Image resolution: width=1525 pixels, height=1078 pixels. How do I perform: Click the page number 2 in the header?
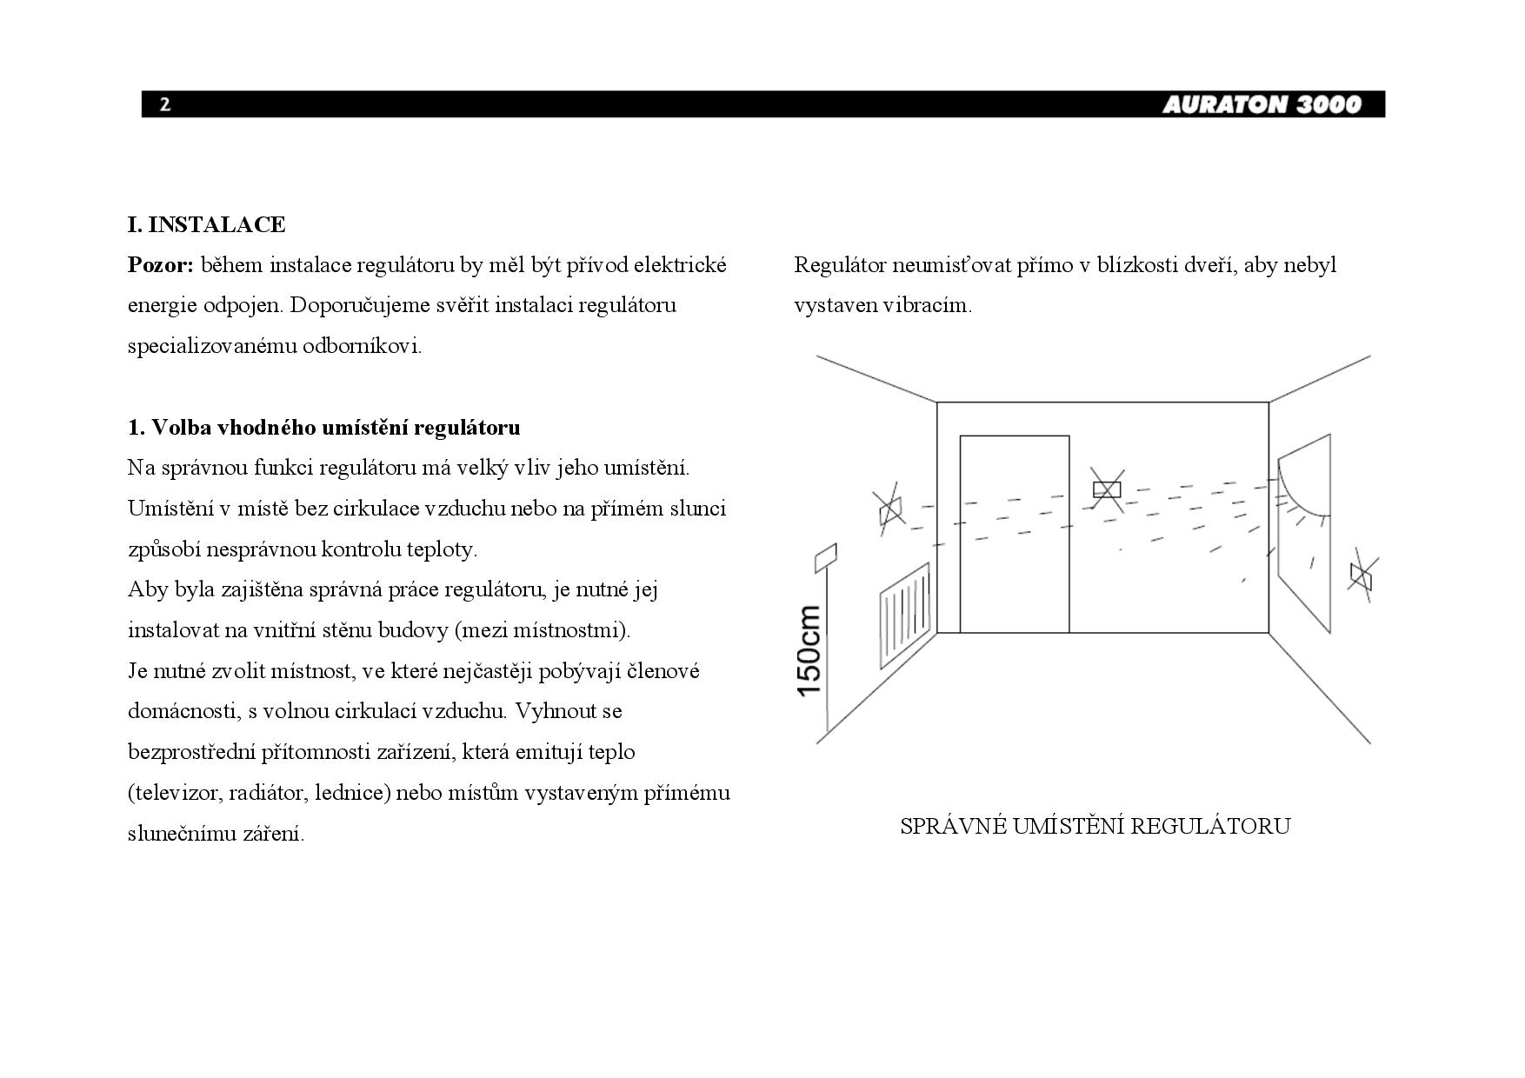pos(165,105)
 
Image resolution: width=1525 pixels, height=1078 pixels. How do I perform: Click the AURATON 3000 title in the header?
pos(1262,105)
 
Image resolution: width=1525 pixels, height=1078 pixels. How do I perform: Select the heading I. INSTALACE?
pos(207,224)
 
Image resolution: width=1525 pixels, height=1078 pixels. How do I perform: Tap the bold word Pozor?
pos(161,265)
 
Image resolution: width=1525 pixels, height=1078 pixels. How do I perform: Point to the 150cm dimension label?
pos(809,650)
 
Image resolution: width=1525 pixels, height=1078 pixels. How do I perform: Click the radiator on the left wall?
pos(905,614)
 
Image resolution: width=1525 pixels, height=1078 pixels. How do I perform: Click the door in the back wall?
pos(1014,534)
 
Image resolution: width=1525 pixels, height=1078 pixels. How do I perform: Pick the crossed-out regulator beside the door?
pos(1107,489)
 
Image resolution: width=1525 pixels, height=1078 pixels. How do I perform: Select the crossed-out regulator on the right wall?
pos(1361,575)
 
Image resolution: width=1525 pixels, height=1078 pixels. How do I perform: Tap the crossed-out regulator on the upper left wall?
pos(890,509)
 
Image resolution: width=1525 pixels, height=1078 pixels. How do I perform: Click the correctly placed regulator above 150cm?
pos(825,557)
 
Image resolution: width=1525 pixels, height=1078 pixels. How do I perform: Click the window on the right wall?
pos(1303,539)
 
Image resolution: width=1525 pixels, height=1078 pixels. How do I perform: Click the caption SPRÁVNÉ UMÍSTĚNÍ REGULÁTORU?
pos(1095,826)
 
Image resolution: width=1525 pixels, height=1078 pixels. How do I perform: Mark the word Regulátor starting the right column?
pos(840,265)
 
